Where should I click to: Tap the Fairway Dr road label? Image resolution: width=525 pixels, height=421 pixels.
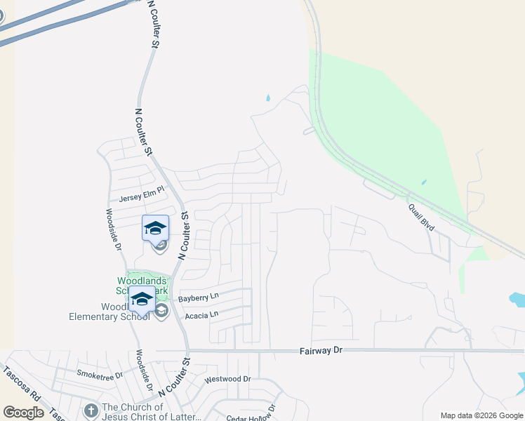pyautogui.click(x=319, y=349)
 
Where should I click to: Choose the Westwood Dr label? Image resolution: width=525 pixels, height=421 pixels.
pyautogui.click(x=227, y=379)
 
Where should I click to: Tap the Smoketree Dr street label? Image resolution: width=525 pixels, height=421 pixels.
pyautogui.click(x=100, y=375)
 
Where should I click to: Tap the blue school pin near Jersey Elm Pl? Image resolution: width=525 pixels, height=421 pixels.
pyautogui.click(x=155, y=228)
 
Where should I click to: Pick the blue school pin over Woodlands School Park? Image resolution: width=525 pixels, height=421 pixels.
pyautogui.click(x=142, y=299)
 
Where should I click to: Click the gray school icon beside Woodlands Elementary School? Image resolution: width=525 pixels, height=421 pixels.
pyautogui.click(x=161, y=311)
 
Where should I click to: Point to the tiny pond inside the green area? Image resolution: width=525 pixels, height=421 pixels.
pyautogui.click(x=423, y=182)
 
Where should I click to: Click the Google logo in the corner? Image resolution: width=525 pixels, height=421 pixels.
pyautogui.click(x=24, y=413)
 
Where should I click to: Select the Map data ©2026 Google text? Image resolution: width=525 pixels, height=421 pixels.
pyautogui.click(x=481, y=415)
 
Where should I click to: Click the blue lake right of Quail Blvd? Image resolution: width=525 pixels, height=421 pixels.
pyautogui.click(x=518, y=300)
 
